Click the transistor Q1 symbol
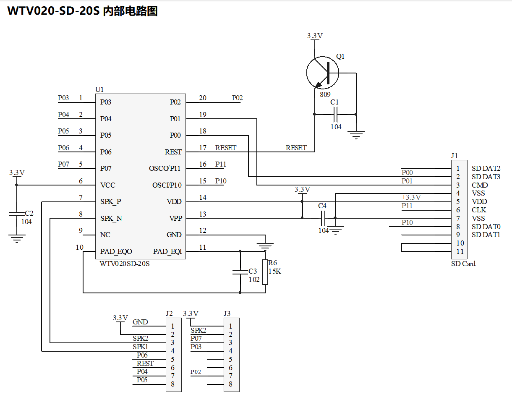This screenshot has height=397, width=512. (323, 73)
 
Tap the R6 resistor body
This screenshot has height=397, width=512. (265, 272)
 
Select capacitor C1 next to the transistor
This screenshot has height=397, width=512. (335, 114)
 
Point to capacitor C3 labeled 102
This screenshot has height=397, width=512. (240, 272)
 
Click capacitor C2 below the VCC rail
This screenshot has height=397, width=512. (17, 214)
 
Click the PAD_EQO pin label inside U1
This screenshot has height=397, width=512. (116, 252)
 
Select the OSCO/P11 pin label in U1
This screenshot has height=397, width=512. (165, 169)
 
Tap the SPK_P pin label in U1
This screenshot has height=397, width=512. (110, 202)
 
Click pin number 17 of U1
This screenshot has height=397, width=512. (203, 148)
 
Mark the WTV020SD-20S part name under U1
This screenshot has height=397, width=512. (125, 264)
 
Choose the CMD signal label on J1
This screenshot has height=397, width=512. (480, 185)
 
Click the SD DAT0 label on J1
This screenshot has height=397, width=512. (486, 227)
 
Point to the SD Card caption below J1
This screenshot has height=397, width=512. (463, 264)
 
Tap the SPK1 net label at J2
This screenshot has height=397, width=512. (140, 347)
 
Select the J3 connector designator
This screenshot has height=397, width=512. (227, 313)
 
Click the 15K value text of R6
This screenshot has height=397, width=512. (275, 271)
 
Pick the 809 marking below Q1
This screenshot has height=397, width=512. (325, 94)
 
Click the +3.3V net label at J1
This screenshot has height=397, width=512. (411, 197)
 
